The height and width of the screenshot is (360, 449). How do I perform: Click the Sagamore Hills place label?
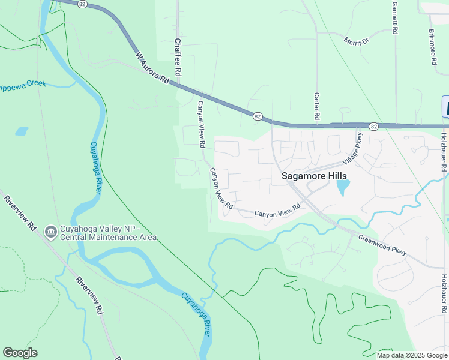tap(314, 176)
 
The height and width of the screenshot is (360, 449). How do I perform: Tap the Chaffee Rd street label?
tap(178, 56)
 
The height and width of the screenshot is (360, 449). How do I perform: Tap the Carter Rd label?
tap(316, 106)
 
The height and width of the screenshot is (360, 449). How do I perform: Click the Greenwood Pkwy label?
tap(382, 245)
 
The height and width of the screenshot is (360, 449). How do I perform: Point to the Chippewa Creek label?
tap(23, 85)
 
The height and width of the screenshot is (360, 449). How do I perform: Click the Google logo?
tap(20, 352)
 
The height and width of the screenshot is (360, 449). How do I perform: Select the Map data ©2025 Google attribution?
tap(411, 355)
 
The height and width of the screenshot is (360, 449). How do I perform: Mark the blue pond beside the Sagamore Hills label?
tap(342, 188)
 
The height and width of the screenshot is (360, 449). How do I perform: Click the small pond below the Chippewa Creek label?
tap(22, 130)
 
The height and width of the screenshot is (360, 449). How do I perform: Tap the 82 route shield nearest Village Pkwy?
tap(373, 127)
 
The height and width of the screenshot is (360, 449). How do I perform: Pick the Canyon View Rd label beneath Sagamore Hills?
tap(277, 210)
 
